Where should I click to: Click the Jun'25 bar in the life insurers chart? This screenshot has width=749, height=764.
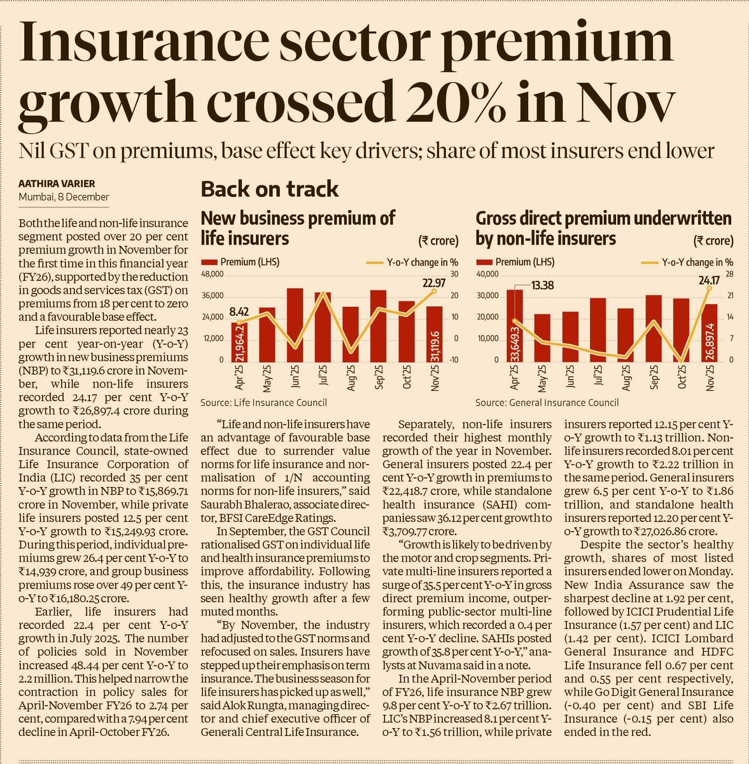(x=295, y=325)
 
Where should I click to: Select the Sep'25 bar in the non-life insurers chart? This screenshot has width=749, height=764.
(x=654, y=329)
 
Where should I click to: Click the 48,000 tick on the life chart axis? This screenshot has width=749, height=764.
(x=213, y=274)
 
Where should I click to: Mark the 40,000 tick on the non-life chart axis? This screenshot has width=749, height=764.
(x=487, y=274)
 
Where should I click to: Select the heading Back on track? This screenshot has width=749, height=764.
(x=270, y=189)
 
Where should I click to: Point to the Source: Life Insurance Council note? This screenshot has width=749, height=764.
(x=263, y=402)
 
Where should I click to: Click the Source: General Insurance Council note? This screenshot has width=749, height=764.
(x=547, y=402)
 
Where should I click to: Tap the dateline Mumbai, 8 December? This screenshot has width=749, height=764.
(x=64, y=197)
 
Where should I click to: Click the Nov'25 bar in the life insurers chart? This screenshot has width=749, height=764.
(x=435, y=334)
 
